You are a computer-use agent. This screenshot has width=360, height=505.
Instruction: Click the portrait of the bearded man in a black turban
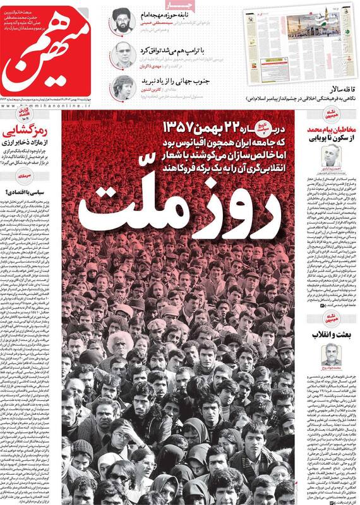tap(123, 21)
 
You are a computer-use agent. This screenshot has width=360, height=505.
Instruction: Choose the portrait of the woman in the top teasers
tap(123, 87)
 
